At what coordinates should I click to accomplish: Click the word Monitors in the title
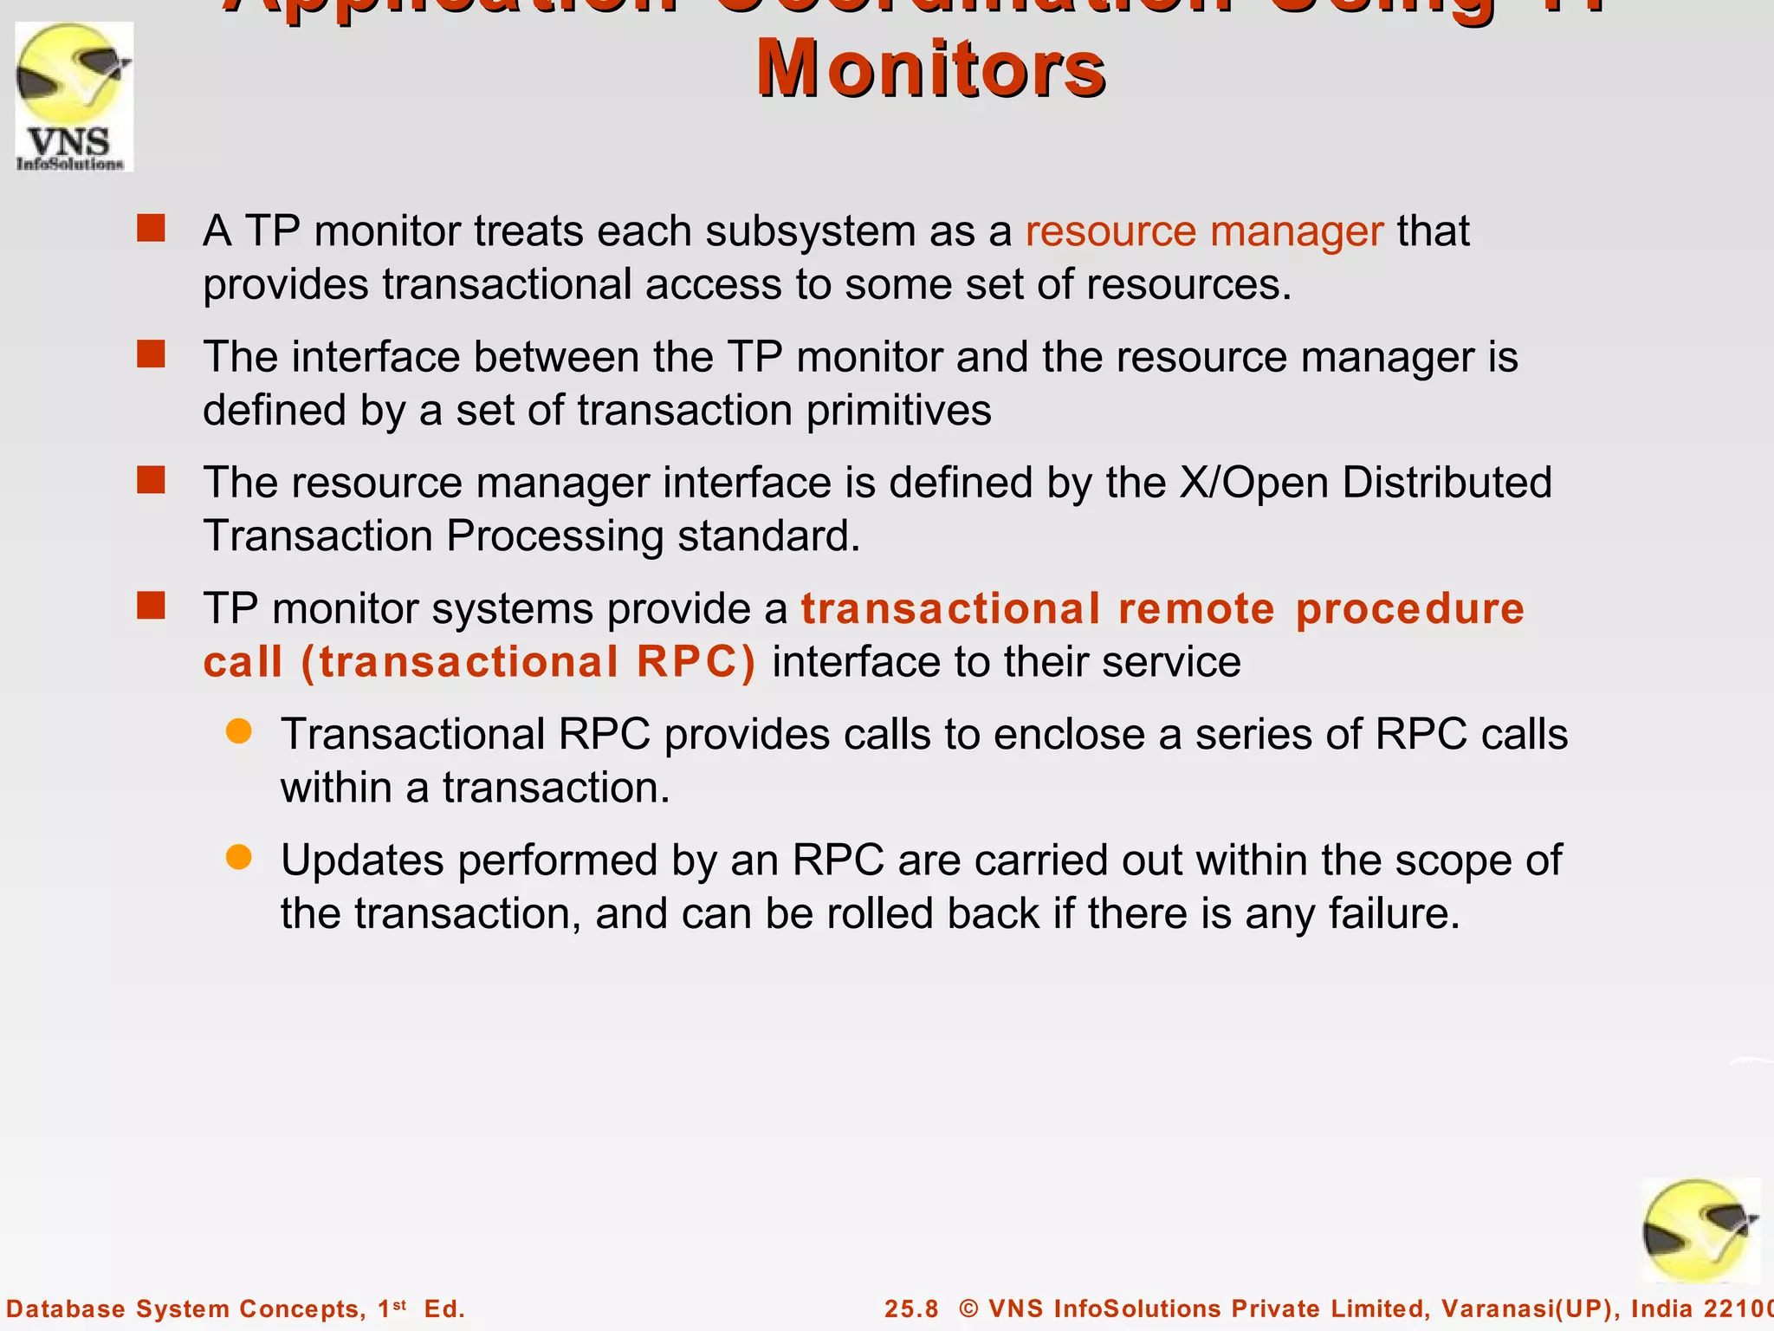(x=930, y=69)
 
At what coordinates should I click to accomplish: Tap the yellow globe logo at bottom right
(x=1700, y=1231)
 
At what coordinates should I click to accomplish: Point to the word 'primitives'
(x=898, y=411)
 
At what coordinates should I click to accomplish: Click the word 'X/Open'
(x=1253, y=483)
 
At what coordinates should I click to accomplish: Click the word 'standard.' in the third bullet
(x=768, y=536)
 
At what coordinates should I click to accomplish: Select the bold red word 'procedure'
(x=1409, y=609)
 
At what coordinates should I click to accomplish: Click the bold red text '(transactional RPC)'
(x=528, y=663)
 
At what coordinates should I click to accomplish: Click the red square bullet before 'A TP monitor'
(x=151, y=229)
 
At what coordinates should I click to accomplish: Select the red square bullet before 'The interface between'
(x=151, y=354)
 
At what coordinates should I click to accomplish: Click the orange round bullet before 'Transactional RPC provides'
(x=238, y=732)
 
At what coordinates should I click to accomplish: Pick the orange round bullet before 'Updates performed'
(x=238, y=858)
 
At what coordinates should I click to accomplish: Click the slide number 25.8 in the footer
(x=911, y=1308)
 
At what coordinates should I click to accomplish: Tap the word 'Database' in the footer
(x=66, y=1308)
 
